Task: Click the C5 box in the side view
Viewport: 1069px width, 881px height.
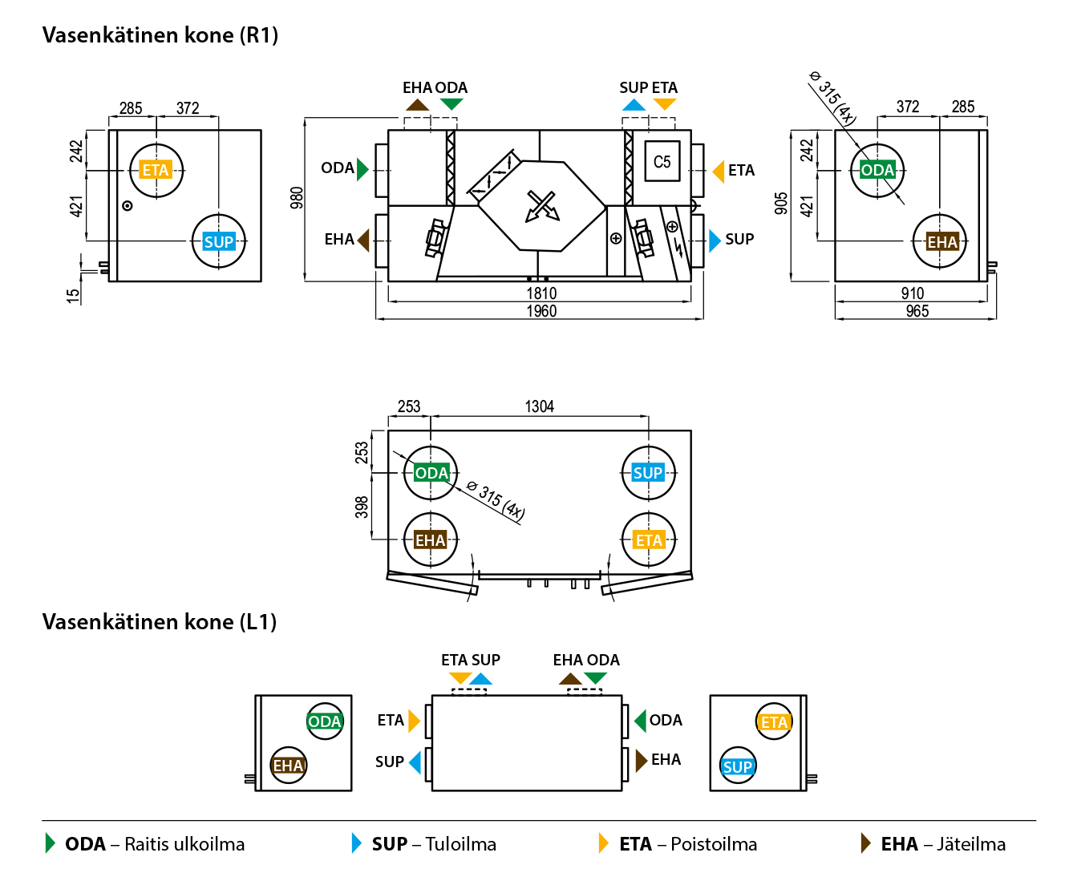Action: point(662,162)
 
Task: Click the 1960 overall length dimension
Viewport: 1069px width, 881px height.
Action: point(541,311)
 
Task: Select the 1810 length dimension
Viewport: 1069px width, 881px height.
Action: point(541,293)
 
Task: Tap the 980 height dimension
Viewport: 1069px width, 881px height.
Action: point(297,198)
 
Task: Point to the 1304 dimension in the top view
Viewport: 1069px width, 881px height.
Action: point(539,406)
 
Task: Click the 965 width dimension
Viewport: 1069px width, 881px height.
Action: point(917,311)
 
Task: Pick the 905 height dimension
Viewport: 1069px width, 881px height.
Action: point(781,204)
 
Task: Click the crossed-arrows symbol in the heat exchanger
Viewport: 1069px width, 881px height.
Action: point(541,205)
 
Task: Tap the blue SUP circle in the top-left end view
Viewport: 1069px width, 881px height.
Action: point(218,241)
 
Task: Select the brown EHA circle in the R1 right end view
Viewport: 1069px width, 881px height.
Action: point(941,241)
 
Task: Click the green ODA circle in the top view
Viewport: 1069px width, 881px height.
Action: point(431,473)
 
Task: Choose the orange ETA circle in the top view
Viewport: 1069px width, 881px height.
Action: point(649,540)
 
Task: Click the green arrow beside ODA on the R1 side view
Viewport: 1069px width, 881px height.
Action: point(362,169)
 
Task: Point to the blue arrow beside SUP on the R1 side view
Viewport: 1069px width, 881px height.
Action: point(715,240)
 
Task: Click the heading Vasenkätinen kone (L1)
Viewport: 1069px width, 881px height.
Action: point(160,622)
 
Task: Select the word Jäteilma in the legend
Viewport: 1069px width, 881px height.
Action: point(970,844)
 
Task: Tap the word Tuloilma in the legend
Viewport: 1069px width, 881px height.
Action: point(460,844)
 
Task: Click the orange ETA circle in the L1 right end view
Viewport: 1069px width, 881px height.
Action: point(774,722)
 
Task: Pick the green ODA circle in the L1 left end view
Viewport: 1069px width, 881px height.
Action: point(325,721)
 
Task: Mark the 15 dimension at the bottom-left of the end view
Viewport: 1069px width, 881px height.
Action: point(73,296)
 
